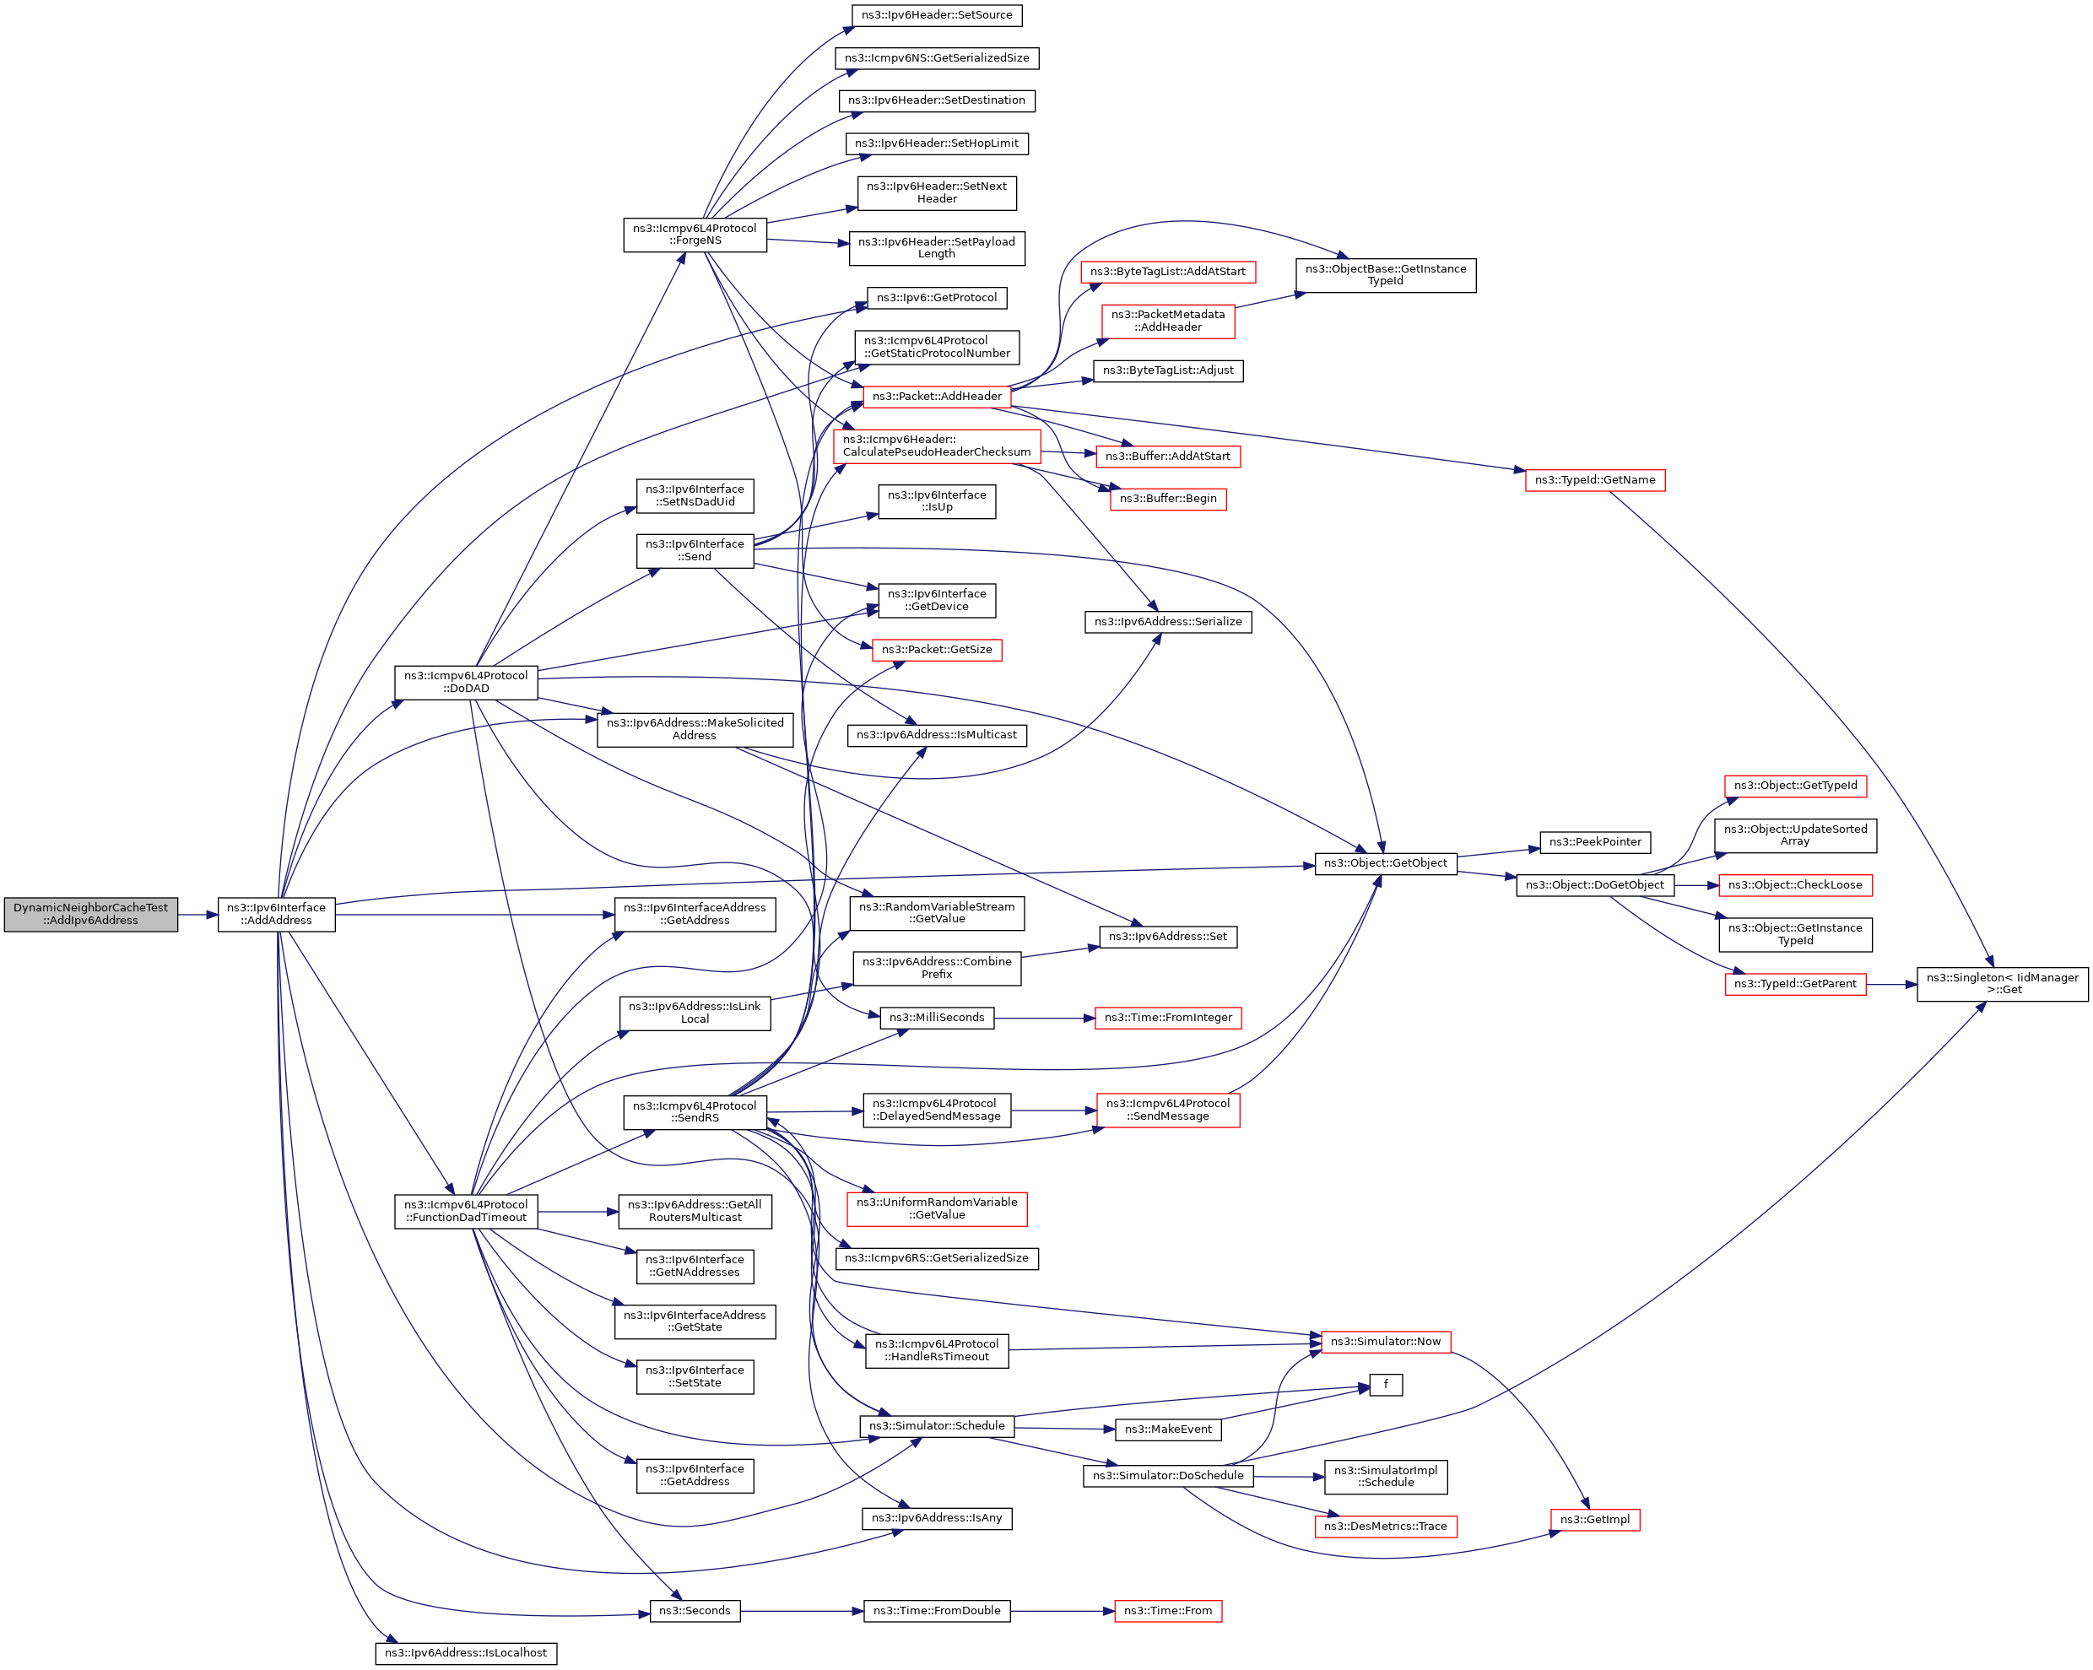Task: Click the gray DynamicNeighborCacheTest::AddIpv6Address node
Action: (x=90, y=914)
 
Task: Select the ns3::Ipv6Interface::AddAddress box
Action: (x=276, y=914)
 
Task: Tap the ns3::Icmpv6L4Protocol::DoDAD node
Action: (x=466, y=682)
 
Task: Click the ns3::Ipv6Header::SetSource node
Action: (x=936, y=14)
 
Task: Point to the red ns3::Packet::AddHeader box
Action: (x=936, y=396)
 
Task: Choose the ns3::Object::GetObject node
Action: (x=1384, y=862)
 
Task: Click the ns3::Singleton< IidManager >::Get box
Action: (x=2002, y=984)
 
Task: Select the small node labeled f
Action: (x=1385, y=1384)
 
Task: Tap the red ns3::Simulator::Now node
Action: (x=1385, y=1341)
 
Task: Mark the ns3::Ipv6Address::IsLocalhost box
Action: (x=466, y=1652)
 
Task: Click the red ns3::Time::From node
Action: (x=1167, y=1611)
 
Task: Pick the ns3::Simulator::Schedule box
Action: (x=936, y=1425)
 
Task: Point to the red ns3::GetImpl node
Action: (x=1594, y=1520)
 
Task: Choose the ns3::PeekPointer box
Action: (x=1594, y=842)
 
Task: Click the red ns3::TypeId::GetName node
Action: (x=1594, y=479)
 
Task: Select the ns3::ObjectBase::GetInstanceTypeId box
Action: (x=1385, y=275)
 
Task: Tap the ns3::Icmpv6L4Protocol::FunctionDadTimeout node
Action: (x=466, y=1211)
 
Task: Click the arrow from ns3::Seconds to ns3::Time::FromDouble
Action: (x=802, y=1611)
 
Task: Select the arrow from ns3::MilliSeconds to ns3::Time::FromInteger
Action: (x=1045, y=1018)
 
